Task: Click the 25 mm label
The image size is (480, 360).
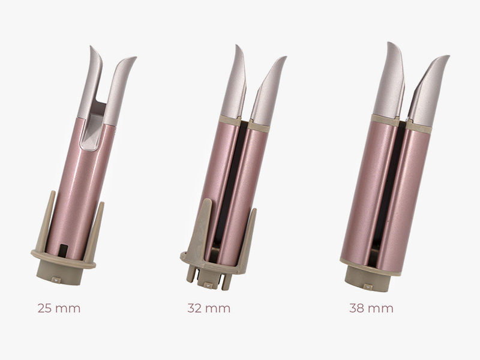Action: pos(59,308)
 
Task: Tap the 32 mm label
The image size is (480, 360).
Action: pos(209,308)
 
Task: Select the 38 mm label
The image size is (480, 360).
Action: pos(371,308)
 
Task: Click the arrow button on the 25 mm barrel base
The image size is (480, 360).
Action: pos(56,280)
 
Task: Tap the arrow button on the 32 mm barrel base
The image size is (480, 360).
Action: pos(208,286)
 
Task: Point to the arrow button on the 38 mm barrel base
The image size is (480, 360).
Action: pos(368,287)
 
